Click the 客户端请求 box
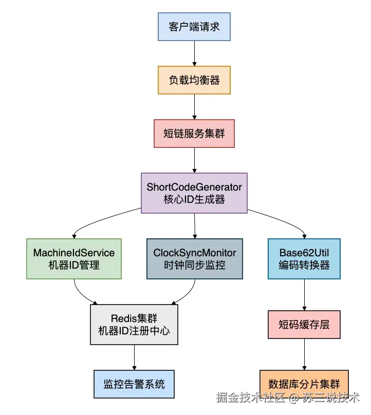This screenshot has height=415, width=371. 194,26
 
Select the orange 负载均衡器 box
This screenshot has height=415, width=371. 194,80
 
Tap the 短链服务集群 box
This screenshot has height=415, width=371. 194,134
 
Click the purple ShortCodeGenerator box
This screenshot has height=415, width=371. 194,193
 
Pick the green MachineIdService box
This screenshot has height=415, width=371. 74,259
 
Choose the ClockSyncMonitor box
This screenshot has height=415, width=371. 195,259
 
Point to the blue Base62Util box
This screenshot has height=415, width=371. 304,259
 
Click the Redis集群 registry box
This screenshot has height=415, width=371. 134,325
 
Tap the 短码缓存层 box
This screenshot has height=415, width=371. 304,325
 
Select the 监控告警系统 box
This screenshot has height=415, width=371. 134,384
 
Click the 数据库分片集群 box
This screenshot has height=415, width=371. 304,384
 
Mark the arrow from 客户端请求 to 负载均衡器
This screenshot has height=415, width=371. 194,53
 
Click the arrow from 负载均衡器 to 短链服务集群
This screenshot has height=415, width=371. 194,107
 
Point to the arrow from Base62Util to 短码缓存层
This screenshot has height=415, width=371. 304,295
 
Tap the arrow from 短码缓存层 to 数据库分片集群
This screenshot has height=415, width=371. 304,354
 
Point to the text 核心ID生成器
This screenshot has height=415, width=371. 194,200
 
